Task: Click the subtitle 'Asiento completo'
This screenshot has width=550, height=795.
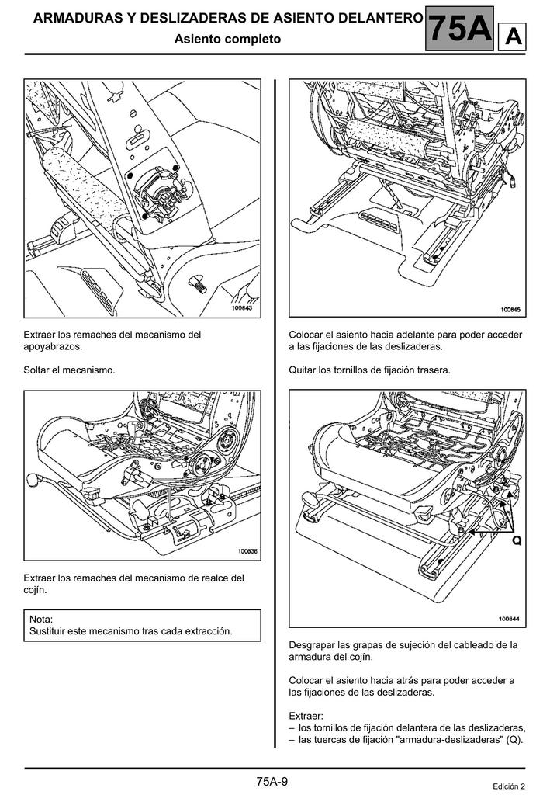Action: pos(227,39)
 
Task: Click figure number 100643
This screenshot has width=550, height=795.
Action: pos(243,308)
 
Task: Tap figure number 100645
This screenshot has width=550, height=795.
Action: pos(509,309)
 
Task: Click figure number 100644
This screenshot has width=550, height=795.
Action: pos(509,619)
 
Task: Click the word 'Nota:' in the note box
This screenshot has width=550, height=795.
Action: pos(41,619)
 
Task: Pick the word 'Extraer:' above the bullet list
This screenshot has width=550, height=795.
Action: pos(306,715)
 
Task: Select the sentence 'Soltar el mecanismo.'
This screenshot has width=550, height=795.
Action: pos(70,370)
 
